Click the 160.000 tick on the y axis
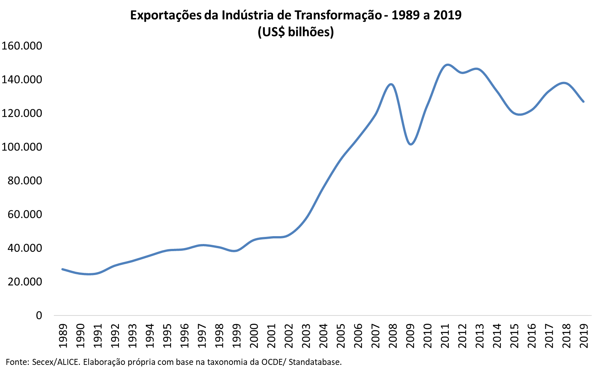click(x=22, y=46)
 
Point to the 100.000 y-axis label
click(x=22, y=147)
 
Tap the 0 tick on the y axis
click(x=39, y=315)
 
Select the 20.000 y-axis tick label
click(x=25, y=281)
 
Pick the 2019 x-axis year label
click(x=583, y=335)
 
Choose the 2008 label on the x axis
click(x=393, y=335)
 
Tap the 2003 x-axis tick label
click(x=306, y=335)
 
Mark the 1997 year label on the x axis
click(x=202, y=335)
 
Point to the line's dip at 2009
click(x=411, y=144)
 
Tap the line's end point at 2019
click(x=583, y=101)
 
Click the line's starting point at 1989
click(x=62, y=269)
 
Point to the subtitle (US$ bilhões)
click(x=295, y=32)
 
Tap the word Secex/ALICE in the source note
click(x=56, y=362)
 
